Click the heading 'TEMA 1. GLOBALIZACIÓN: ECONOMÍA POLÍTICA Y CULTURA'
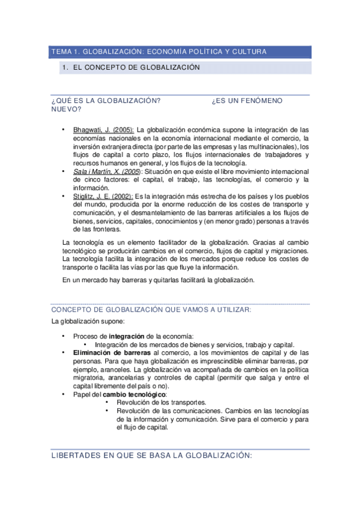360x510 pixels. (x=159, y=52)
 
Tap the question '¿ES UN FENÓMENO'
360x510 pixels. (x=247, y=101)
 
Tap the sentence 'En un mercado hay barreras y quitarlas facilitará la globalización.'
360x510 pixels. (x=159, y=280)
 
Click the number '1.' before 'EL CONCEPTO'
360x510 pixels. (x=66, y=68)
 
